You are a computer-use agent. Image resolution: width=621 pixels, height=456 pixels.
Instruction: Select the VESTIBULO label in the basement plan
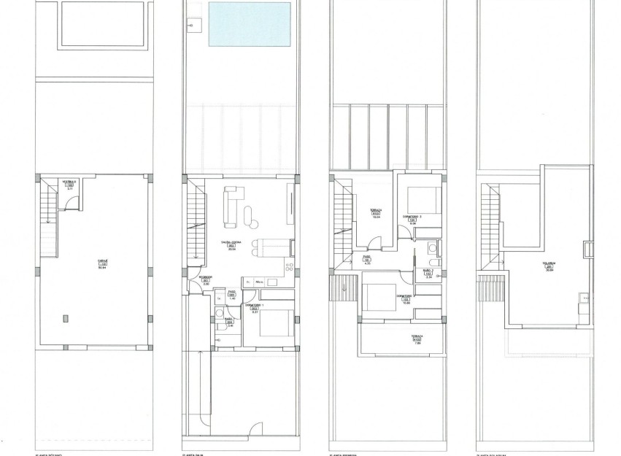(x=69, y=181)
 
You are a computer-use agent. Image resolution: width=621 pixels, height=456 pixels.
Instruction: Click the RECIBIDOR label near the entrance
(x=206, y=277)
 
